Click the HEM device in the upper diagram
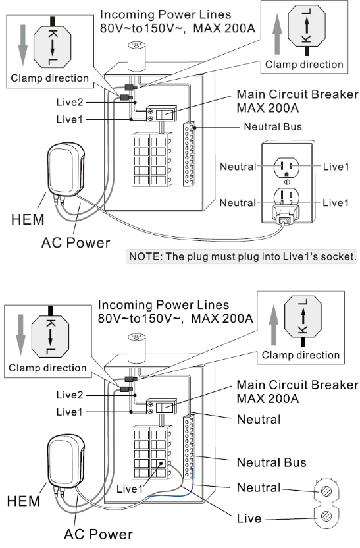pos(66,169)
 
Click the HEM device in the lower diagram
pos(66,461)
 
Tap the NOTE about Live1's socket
pos(242,256)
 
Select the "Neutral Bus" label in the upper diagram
pos(272,127)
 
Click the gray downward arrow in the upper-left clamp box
pos(22,45)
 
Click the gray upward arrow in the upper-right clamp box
pos(277,34)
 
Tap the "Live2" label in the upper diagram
pos(70,102)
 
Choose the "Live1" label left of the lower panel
pos(70,412)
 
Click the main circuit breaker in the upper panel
pos(161,114)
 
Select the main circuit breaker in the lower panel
pos(161,406)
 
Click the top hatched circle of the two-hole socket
pos(326,491)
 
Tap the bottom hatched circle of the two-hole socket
pos(326,516)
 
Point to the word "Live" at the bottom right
pos(249,518)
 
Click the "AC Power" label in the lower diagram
pos(99,534)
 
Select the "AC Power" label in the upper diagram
pos(76,243)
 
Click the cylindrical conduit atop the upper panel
pos(136,56)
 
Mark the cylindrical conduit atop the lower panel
pos(136,348)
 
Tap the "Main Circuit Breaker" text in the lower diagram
pos(297,385)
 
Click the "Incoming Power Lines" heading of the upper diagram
pos(165,14)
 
